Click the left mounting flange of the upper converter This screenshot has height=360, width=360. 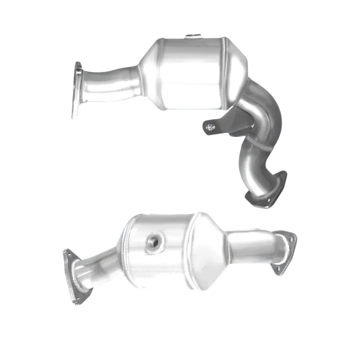[x=77, y=91]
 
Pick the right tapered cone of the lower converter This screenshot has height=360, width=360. [x=211, y=248]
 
